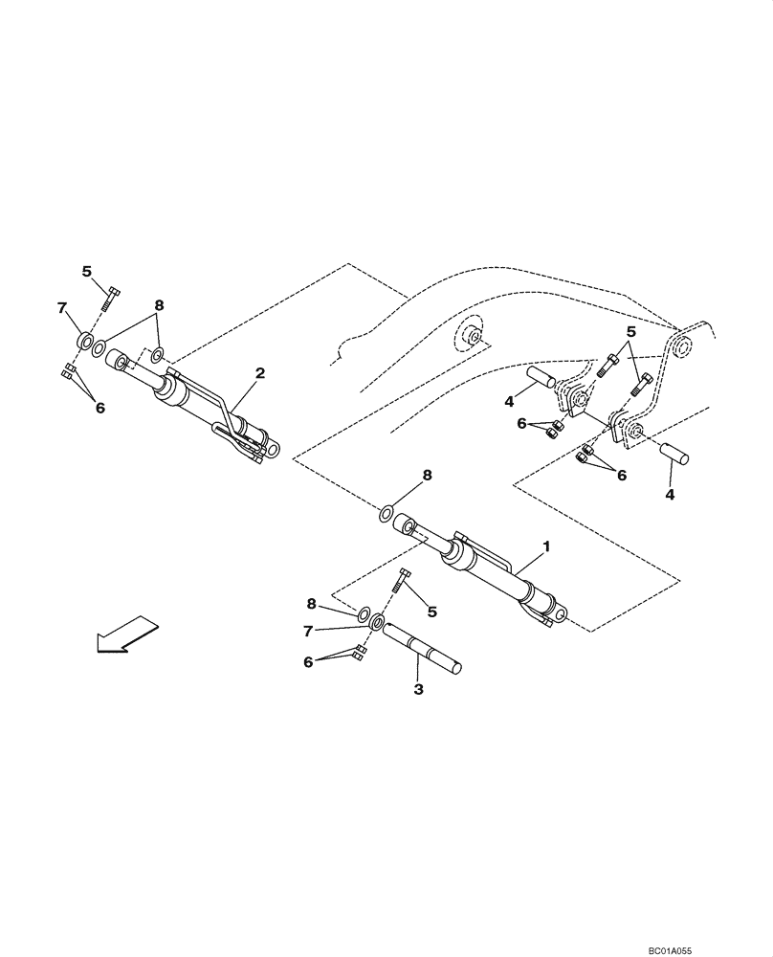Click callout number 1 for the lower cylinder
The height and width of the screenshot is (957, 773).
pos(545,546)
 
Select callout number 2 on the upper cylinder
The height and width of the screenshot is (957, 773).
pos(259,372)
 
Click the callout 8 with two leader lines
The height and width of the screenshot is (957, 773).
pos(159,305)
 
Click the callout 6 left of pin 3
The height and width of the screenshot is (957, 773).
pos(308,661)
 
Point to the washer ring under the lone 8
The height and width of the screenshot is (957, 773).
pos(385,515)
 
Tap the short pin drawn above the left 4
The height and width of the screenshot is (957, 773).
pos(541,375)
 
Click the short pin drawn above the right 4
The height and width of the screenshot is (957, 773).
pos(674,451)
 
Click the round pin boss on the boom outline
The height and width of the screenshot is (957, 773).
pos(471,339)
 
